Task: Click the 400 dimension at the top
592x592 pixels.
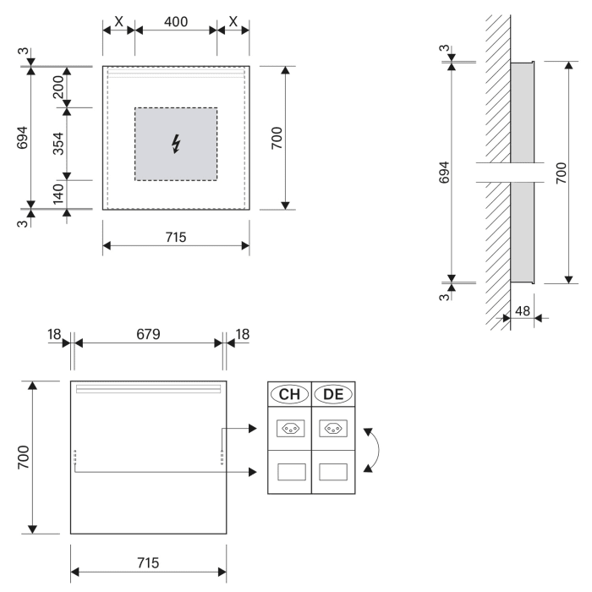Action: tap(175, 20)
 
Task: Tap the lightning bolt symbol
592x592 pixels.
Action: tap(176, 144)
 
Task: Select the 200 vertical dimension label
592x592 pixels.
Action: tap(58, 86)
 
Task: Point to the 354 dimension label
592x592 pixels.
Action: tap(58, 143)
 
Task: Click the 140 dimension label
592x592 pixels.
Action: tap(58, 194)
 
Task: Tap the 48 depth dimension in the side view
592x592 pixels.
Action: tap(523, 310)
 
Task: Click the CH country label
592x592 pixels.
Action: tap(289, 394)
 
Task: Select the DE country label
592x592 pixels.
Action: tap(332, 394)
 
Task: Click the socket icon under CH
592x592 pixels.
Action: tap(289, 429)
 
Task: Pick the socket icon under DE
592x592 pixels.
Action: tap(332, 429)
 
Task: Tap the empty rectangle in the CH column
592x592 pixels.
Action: tap(289, 471)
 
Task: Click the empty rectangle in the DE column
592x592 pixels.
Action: tap(332, 471)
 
